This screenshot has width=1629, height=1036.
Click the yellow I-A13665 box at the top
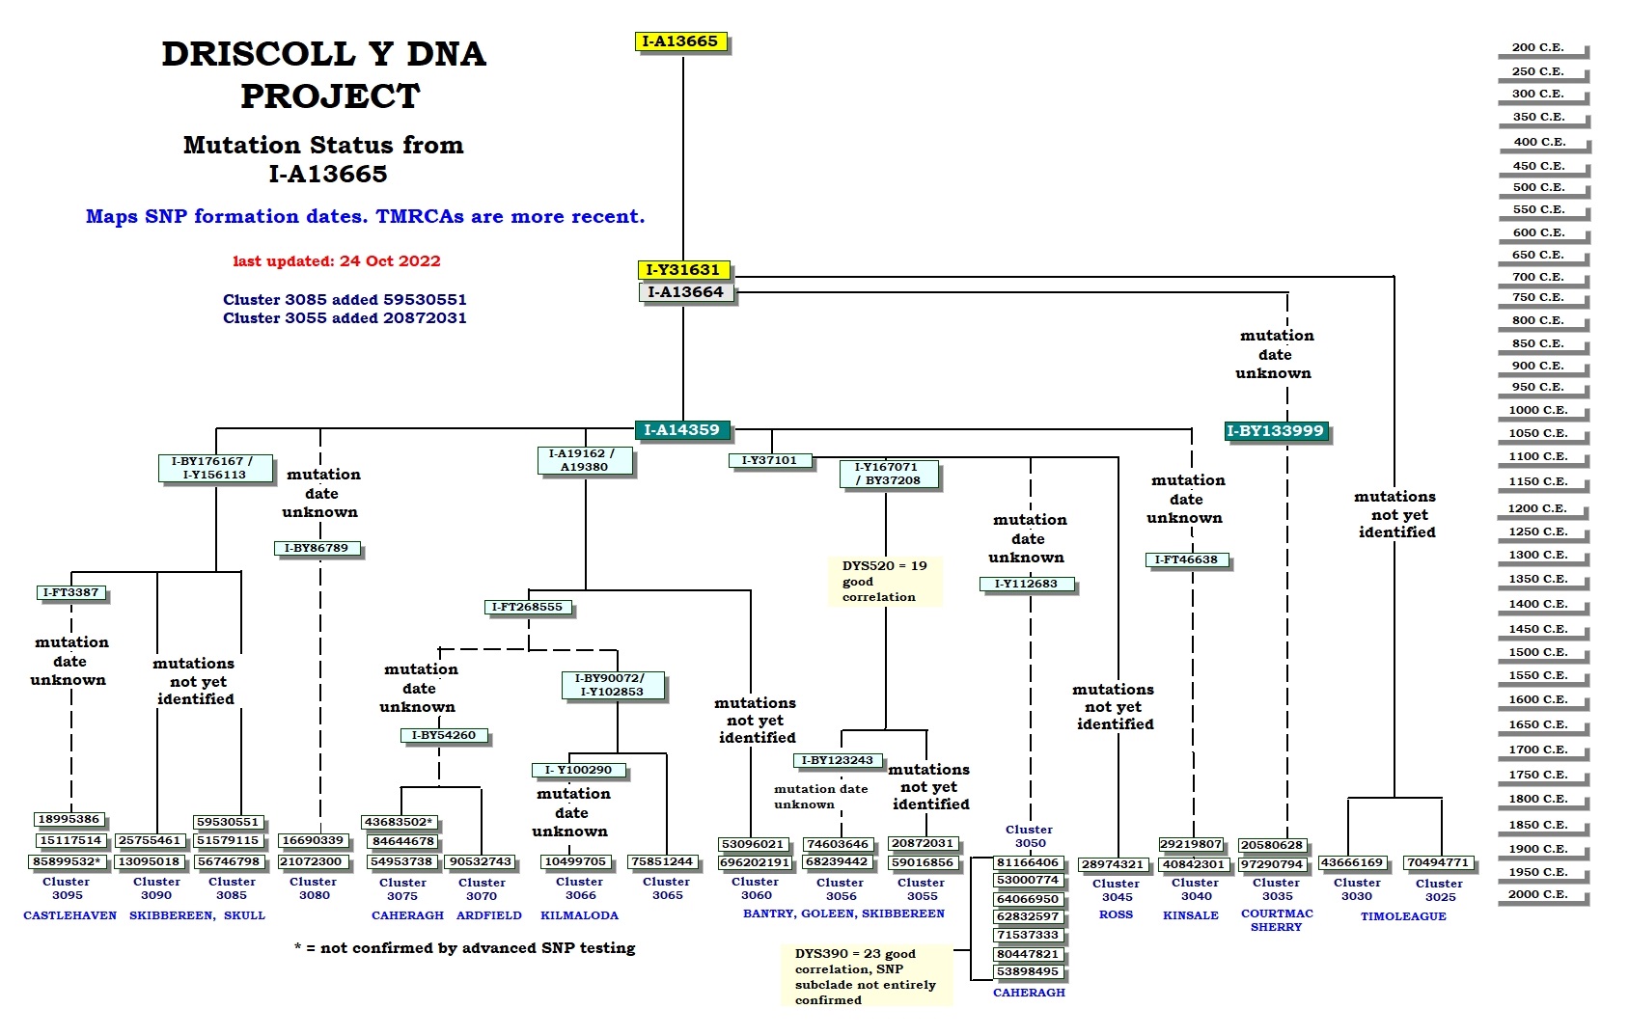click(680, 41)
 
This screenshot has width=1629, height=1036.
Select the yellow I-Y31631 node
click(682, 270)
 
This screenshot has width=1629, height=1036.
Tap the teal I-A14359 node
click(681, 430)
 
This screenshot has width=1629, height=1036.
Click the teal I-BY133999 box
click(1275, 431)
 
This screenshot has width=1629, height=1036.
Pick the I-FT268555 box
click(527, 607)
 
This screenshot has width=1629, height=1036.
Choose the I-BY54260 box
click(443, 735)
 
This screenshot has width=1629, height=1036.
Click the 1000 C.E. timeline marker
click(1538, 410)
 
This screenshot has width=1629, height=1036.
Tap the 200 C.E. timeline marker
click(1537, 47)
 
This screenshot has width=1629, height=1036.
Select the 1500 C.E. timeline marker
click(1538, 652)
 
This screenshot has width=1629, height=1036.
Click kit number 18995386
click(69, 819)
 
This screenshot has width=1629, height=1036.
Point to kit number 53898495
click(1028, 971)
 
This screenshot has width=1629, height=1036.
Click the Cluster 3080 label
click(314, 888)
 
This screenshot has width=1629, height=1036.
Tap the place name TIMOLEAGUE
click(1403, 916)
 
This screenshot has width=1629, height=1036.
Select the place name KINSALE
click(1191, 915)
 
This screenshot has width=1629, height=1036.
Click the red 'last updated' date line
click(336, 261)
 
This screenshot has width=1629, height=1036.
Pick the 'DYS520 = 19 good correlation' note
click(884, 581)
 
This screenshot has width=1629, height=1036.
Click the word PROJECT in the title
click(330, 96)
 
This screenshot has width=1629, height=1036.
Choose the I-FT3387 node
click(71, 592)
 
